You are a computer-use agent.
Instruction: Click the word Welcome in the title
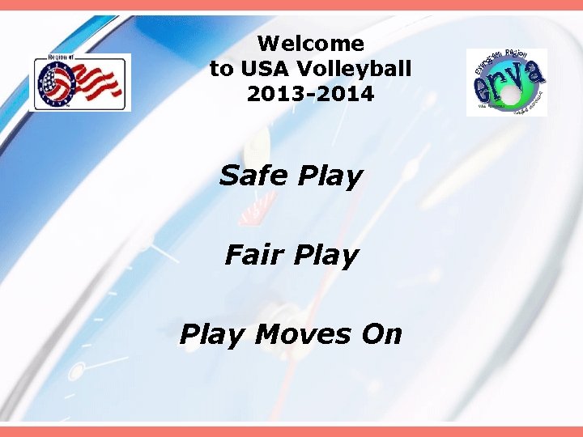pyautogui.click(x=310, y=43)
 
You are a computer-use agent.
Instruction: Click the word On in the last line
pyautogui.click(x=381, y=333)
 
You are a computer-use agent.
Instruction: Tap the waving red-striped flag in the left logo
pyautogui.click(x=96, y=82)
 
